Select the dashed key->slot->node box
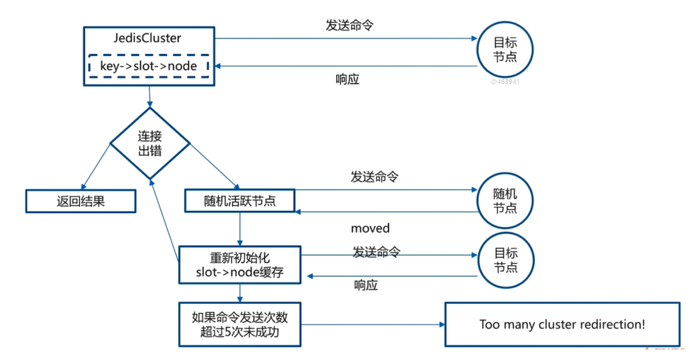[149, 66]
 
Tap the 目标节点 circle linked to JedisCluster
[504, 49]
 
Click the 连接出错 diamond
[150, 143]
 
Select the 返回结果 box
[80, 201]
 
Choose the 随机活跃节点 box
[240, 201]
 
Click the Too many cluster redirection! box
[562, 324]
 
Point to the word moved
[370, 228]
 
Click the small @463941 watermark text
[505, 81]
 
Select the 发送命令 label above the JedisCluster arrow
[351, 25]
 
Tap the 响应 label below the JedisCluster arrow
[347, 79]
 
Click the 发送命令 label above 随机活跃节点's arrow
[374, 177]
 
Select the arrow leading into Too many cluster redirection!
[373, 325]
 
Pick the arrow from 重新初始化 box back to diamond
[166, 215]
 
